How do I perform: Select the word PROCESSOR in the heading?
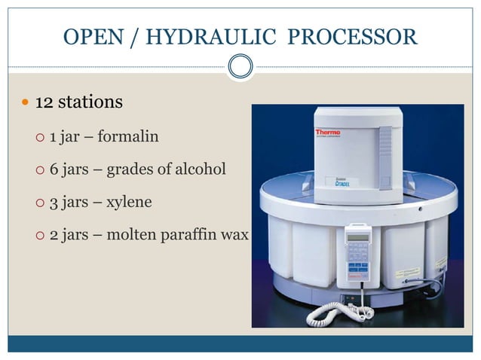point(353,36)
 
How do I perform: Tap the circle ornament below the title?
point(240,66)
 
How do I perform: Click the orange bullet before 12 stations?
point(26,102)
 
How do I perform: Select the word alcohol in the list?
point(200,169)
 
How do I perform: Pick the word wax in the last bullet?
point(234,235)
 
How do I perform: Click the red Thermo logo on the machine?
point(327,133)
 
